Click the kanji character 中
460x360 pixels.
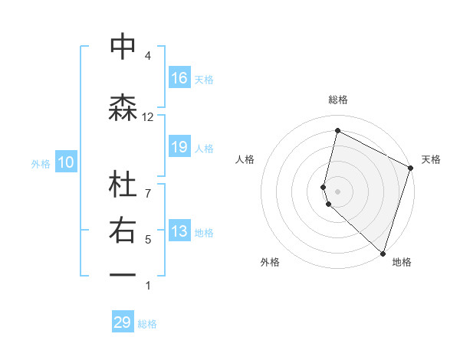(123, 47)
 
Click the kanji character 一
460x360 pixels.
(123, 274)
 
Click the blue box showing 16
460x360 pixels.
(179, 78)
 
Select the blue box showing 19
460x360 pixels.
(179, 147)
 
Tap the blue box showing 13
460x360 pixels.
(179, 232)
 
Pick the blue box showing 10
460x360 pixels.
(65, 162)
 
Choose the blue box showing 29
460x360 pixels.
(123, 322)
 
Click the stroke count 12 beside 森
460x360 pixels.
(148, 116)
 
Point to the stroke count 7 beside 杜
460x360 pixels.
(148, 185)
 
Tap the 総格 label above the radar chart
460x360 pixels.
(338, 100)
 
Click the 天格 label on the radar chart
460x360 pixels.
(431, 159)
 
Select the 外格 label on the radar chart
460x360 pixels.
(270, 262)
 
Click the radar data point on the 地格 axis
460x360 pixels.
(383, 253)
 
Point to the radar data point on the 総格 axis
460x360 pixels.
(337, 131)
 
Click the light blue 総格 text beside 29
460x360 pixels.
(147, 324)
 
